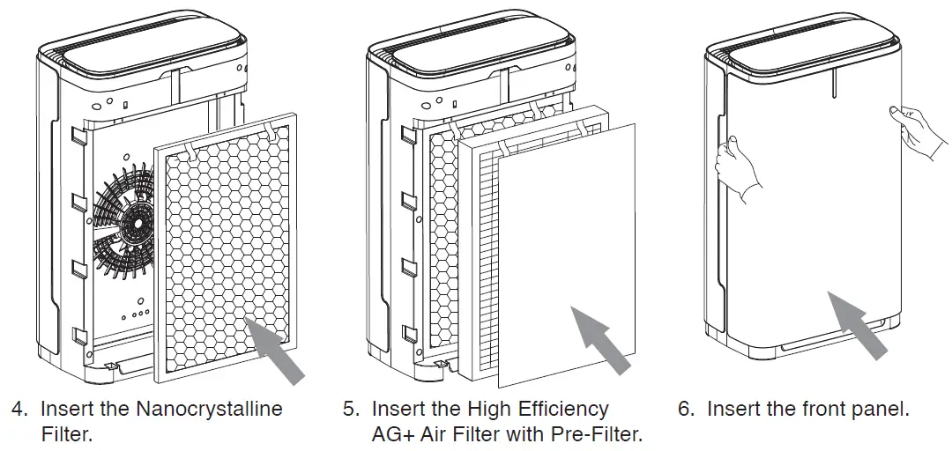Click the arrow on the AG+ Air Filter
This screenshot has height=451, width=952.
(x=602, y=338)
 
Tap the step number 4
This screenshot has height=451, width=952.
(x=19, y=410)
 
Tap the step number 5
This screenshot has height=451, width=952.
(x=350, y=410)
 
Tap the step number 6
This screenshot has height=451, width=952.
(x=686, y=410)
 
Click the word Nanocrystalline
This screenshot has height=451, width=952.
(x=209, y=410)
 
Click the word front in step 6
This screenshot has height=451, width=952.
(x=802, y=410)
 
